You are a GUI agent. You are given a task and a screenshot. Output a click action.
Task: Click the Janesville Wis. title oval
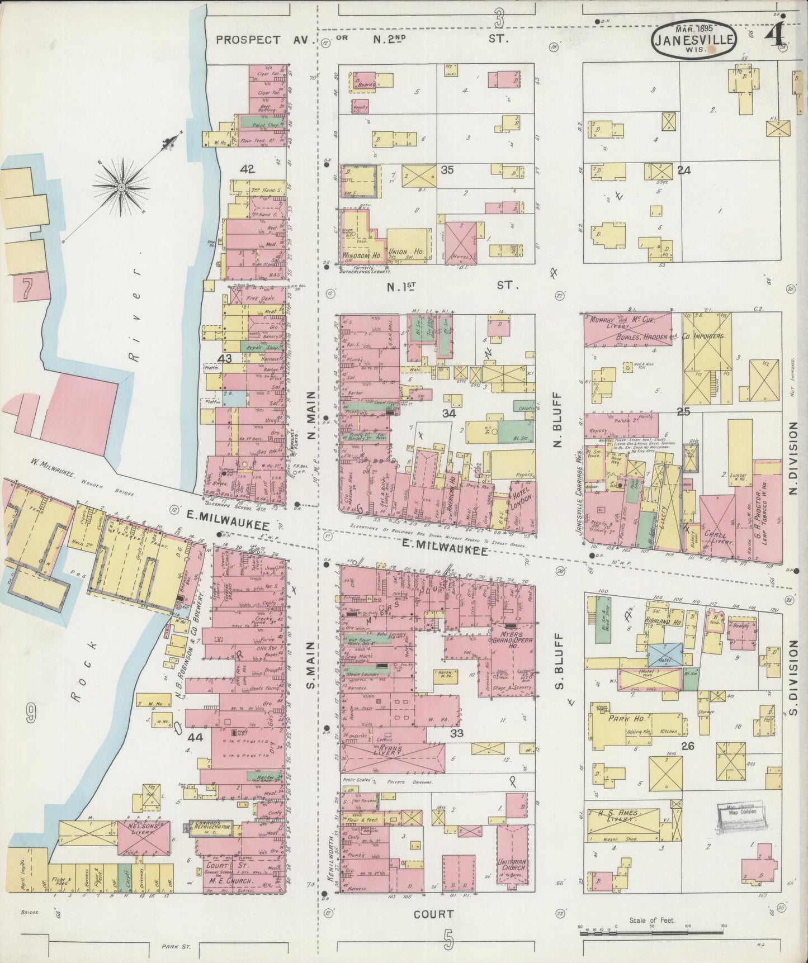point(693,38)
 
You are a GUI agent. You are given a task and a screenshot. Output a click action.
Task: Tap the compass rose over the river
point(121,185)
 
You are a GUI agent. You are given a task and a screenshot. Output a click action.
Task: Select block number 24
point(683,170)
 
